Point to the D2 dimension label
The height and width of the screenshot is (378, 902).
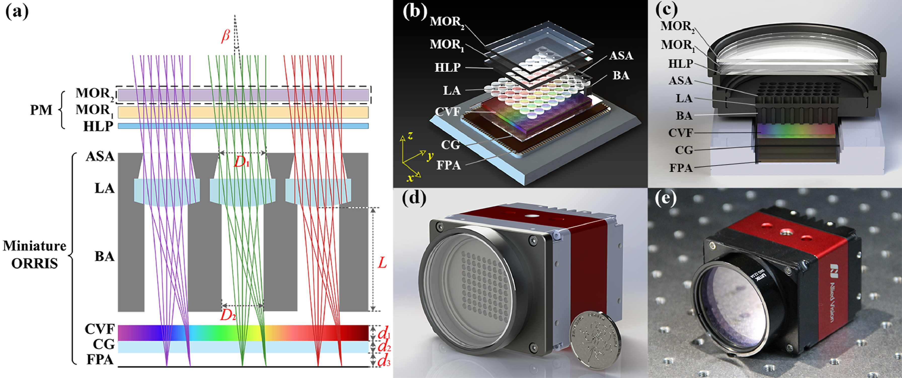[x=228, y=316]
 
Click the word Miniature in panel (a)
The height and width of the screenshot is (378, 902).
[x=34, y=246]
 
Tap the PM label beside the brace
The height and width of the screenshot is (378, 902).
[x=41, y=110]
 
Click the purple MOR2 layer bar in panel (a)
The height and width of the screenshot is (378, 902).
[x=243, y=95]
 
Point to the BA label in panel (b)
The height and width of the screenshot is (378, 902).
[x=621, y=75]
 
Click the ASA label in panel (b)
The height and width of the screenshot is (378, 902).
[x=621, y=56]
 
